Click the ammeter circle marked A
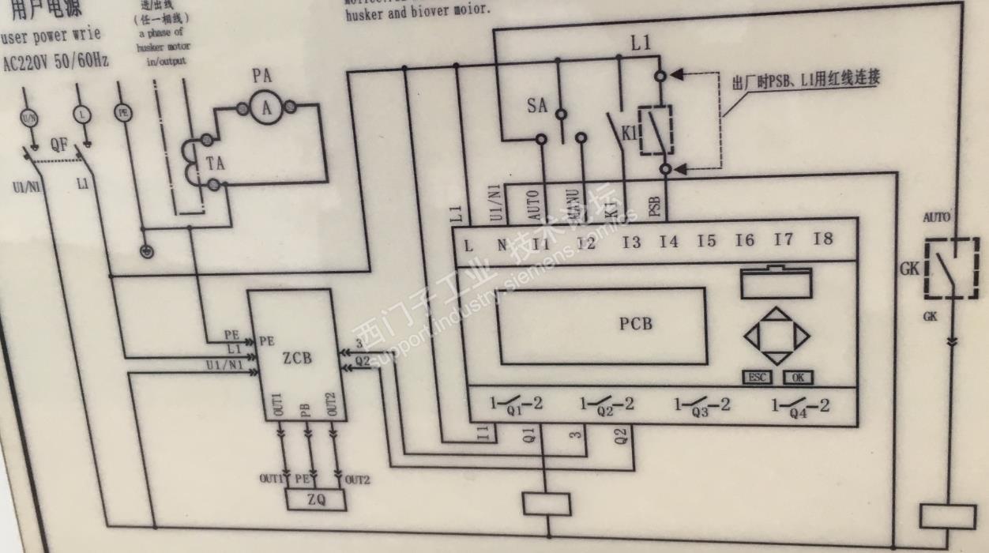point(266,110)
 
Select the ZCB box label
point(297,357)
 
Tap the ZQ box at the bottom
point(316,500)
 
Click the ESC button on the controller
point(756,378)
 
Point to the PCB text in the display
point(636,323)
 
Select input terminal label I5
point(706,241)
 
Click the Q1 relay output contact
point(515,405)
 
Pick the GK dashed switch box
point(952,269)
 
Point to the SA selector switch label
point(537,106)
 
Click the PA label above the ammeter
point(262,77)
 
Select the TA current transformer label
point(215,164)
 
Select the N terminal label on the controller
point(502,245)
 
